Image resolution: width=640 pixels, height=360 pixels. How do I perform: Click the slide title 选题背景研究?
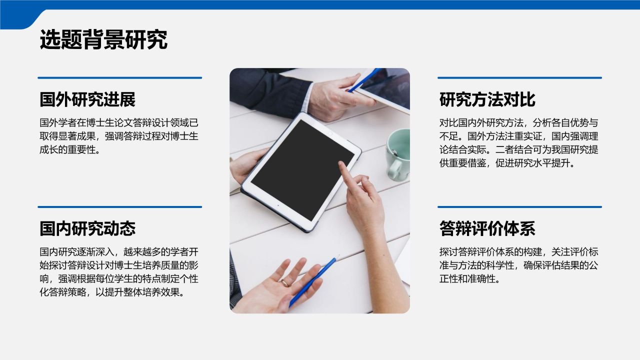pyautogui.click(x=103, y=40)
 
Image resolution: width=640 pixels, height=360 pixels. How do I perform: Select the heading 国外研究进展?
pyautogui.click(x=87, y=99)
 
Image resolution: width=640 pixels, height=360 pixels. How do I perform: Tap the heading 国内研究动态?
pyautogui.click(x=87, y=228)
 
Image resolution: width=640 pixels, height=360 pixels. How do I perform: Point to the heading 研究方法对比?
pyautogui.click(x=487, y=99)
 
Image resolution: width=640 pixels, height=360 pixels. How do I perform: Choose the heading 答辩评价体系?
pyautogui.click(x=487, y=228)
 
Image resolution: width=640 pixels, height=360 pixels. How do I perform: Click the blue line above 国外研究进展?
pyautogui.click(x=119, y=77)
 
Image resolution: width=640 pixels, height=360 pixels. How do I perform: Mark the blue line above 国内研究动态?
pyautogui.click(x=119, y=206)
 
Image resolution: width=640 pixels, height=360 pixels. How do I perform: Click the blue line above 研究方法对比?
pyautogui.click(x=519, y=77)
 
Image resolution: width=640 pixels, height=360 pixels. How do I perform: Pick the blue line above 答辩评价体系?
pyautogui.click(x=519, y=206)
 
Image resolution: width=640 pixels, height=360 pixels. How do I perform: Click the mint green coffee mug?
pyautogui.click(x=399, y=152)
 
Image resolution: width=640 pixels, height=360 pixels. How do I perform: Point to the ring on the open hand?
pyautogui.click(x=285, y=282)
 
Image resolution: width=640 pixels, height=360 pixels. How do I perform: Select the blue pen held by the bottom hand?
pyautogui.click(x=312, y=281)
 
